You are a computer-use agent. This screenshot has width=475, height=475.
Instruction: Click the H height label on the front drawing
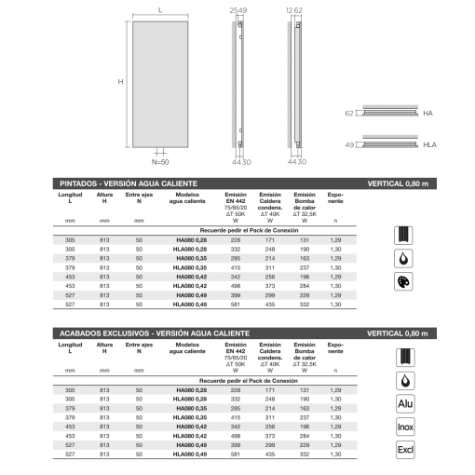pyautogui.click(x=121, y=81)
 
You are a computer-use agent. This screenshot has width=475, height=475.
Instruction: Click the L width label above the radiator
pyautogui.click(x=161, y=9)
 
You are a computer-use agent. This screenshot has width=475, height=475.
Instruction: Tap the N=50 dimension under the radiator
pyautogui.click(x=158, y=160)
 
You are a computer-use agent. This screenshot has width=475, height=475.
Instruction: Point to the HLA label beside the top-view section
pyautogui.click(x=430, y=144)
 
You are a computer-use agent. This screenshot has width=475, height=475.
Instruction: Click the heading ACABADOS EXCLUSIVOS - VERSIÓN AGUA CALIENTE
pyautogui.click(x=155, y=332)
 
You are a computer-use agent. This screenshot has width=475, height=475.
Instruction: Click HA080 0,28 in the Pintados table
pyautogui.click(x=190, y=240)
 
